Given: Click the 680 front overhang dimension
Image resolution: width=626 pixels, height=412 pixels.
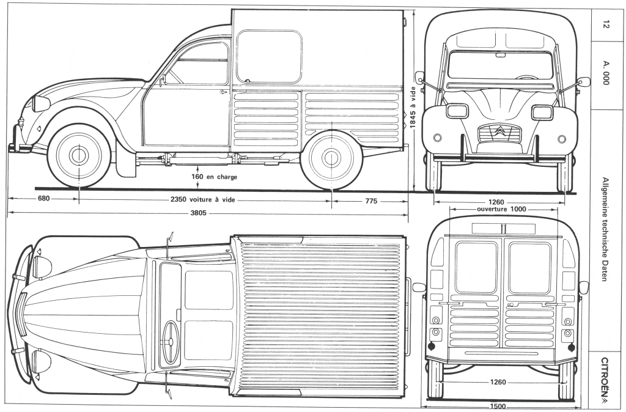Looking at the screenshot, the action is point(43,199).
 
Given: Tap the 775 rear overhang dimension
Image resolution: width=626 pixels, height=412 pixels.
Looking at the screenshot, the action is point(371,201).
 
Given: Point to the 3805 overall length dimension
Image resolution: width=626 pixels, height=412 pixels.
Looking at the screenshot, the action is point(198,213).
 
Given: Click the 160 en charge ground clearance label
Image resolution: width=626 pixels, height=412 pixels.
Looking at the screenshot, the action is point(214,177).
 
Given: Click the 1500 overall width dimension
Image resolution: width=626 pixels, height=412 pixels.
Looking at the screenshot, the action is point(497,407).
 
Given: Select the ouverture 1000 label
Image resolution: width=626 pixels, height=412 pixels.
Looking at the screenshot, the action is point(501,209).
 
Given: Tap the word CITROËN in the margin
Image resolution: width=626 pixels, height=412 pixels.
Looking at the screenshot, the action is point(605,375).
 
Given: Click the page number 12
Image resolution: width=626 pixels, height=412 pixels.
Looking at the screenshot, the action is point(605,24).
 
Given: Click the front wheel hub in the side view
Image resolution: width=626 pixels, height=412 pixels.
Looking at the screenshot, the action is point(79,156).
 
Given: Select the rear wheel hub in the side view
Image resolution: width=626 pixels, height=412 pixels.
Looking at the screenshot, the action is point(331,158).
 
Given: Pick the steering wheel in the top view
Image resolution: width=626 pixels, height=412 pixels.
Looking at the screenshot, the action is point(171,342).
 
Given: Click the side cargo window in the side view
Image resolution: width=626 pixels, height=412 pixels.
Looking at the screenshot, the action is point(269,57).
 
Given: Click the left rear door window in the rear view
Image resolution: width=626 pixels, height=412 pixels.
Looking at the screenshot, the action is point(476,268).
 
